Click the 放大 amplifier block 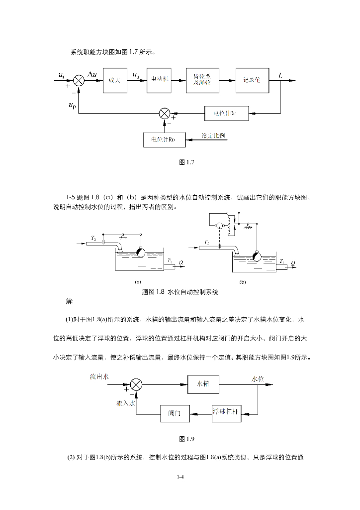click(115, 80)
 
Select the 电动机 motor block click(159, 80)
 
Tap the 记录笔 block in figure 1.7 click(252, 80)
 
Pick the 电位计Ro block click(164, 140)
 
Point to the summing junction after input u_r click(79, 80)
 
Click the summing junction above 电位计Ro click(164, 114)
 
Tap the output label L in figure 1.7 click(280, 76)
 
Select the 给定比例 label click(212, 135)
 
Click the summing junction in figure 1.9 click(136, 384)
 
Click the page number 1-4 click(180, 478)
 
